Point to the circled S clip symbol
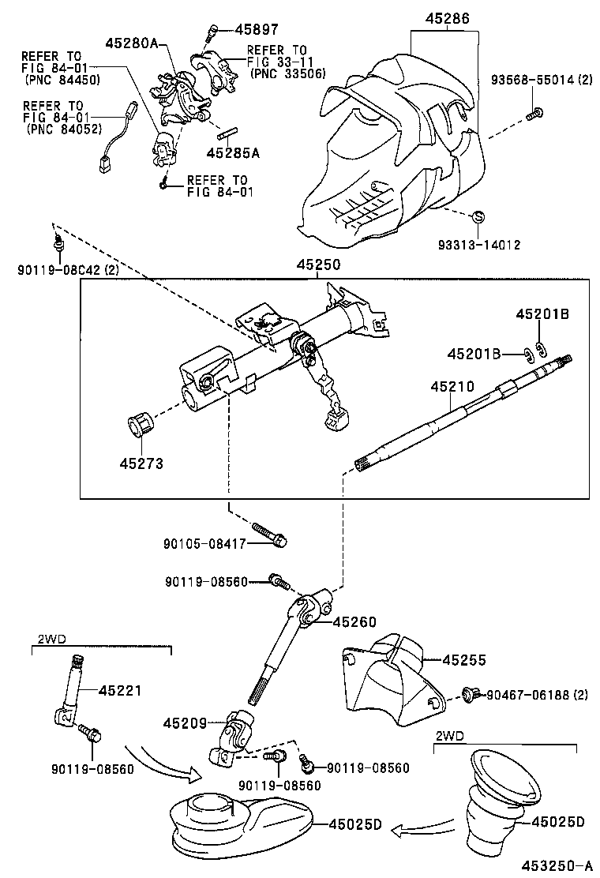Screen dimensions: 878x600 coord(478,216)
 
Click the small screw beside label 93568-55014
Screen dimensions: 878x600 coord(534,113)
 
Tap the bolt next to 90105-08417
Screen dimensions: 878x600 coord(268,534)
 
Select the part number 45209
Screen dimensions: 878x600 coord(185,722)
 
